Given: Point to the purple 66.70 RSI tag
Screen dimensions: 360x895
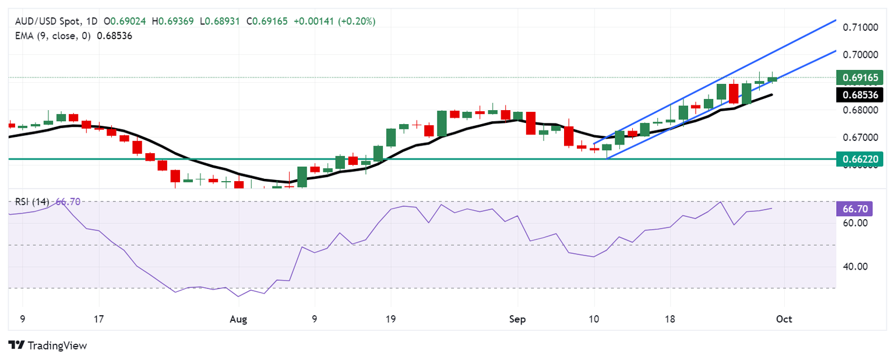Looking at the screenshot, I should coord(853,209).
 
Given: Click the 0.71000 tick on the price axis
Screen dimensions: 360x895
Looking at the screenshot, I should coord(859,27).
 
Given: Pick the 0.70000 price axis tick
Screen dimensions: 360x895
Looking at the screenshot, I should coord(859,55).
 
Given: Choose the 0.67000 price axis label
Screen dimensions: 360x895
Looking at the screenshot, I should coord(859,138).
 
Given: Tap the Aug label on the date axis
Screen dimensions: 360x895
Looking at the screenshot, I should coord(238,319).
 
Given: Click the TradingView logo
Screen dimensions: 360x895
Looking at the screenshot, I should coord(48,345).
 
